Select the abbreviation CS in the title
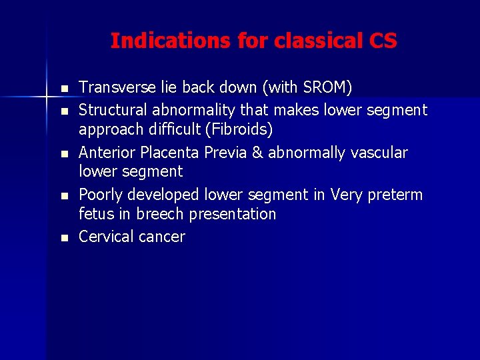(x=383, y=41)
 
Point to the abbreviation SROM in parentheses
(x=324, y=87)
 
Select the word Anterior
(x=107, y=152)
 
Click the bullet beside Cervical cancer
(x=63, y=238)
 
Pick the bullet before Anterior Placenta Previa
(x=63, y=153)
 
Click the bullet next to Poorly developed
(x=63, y=196)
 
